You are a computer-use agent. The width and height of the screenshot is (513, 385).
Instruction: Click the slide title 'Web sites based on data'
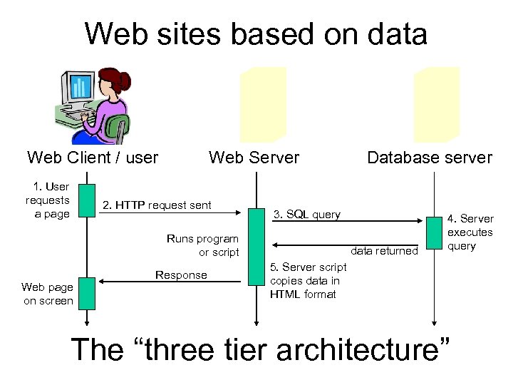click(x=256, y=34)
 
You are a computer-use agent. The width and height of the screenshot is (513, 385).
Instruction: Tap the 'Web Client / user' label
click(x=93, y=158)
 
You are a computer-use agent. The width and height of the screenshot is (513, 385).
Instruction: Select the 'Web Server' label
click(x=254, y=158)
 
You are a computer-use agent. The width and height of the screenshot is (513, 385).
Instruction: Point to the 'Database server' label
click(x=429, y=158)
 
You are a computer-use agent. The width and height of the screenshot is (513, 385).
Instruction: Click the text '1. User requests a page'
click(x=48, y=200)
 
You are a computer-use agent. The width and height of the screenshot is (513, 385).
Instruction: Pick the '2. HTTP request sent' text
click(x=157, y=205)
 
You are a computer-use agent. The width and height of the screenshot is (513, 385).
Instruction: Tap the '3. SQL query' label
click(x=307, y=214)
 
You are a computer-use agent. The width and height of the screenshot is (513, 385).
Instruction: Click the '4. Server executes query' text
click(x=470, y=232)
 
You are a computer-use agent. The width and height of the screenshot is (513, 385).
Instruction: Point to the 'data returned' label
click(x=384, y=251)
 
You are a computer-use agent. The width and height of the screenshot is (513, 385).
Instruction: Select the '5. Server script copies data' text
click(x=308, y=280)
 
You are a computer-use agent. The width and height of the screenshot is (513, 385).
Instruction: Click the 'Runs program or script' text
click(x=202, y=245)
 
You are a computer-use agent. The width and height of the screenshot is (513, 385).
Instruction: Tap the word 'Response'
click(x=181, y=275)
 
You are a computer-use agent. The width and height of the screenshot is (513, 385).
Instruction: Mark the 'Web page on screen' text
click(x=48, y=294)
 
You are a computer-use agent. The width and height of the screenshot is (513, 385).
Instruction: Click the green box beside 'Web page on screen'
click(x=86, y=293)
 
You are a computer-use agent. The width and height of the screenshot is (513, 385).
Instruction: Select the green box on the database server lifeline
click(x=434, y=232)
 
